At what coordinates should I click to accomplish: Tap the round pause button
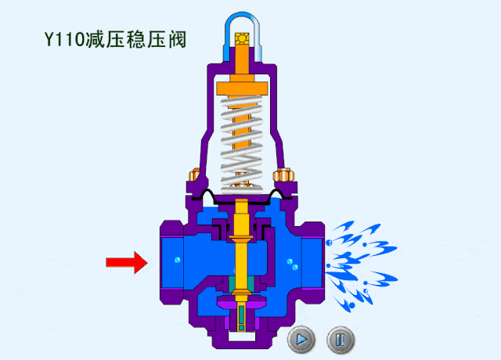pyautogui.click(x=340, y=340)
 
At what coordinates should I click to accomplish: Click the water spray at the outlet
pyautogui.click(x=360, y=258)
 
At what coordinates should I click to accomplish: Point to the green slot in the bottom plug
pyautogui.click(x=242, y=317)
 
